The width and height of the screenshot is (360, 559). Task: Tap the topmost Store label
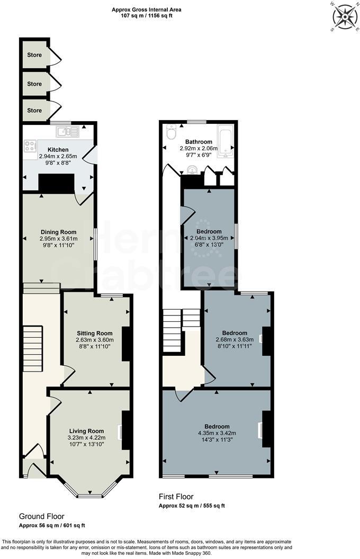pos(34,55)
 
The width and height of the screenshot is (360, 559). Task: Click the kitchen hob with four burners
pos(29,145)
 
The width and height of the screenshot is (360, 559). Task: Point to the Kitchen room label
pos(58,150)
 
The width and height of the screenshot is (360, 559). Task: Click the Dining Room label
pos(58,232)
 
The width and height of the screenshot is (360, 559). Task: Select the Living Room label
pos(86,431)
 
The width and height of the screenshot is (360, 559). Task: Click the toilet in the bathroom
pos(171,133)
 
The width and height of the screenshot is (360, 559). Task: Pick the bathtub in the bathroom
pos(226,141)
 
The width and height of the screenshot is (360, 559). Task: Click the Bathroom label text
pos(199,142)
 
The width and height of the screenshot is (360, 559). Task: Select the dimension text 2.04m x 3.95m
pos(209,238)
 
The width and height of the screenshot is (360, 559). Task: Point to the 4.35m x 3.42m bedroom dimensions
pos(217,434)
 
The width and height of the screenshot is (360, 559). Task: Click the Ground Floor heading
pos(42,516)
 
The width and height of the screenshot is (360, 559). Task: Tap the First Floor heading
pos(176,497)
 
